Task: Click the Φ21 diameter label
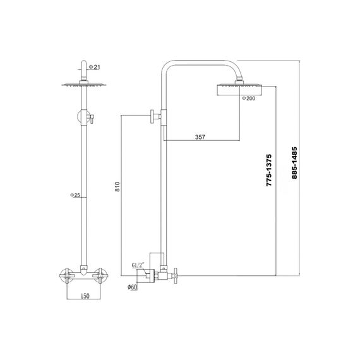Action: [94, 67]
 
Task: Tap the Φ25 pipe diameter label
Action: [75, 195]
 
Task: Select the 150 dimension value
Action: [85, 296]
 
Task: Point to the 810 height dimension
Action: [117, 187]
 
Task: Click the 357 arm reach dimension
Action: [200, 137]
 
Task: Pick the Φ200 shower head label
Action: [248, 99]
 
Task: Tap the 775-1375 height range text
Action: [269, 170]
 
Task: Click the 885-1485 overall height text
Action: [294, 163]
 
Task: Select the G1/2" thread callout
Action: [138, 265]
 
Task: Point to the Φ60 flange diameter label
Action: [133, 287]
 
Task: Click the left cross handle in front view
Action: [66, 275]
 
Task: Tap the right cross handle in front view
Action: [100, 275]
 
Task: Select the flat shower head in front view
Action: [84, 85]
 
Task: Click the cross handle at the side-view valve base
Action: [176, 275]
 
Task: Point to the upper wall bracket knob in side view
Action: [152, 117]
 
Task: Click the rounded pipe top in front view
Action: [84, 63]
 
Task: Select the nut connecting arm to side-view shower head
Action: [239, 83]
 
